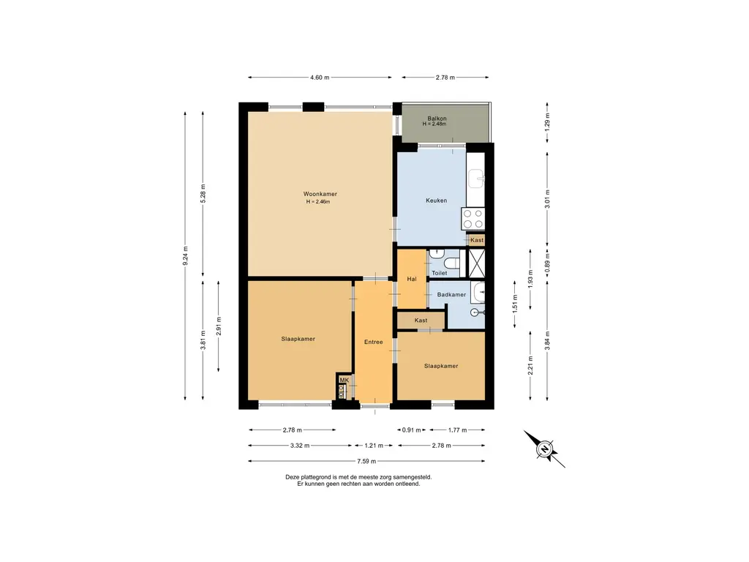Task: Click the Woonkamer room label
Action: point(320,194)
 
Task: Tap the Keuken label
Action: point(437,201)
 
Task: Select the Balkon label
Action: point(437,119)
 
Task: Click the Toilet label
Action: point(440,274)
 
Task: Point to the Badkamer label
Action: point(451,295)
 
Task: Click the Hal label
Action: point(412,279)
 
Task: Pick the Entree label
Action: point(374,342)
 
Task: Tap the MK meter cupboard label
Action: point(344,380)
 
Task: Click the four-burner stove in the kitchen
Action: point(473,220)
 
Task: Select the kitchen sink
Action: point(476,179)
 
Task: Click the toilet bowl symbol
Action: point(451,262)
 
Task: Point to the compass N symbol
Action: point(544,449)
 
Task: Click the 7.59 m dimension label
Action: point(366,461)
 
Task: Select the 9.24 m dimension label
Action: point(185,255)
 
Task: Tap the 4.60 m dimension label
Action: point(320,78)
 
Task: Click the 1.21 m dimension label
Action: point(374,446)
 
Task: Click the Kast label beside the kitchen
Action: point(477,240)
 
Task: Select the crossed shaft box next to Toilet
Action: point(476,263)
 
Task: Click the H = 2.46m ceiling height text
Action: point(318,202)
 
